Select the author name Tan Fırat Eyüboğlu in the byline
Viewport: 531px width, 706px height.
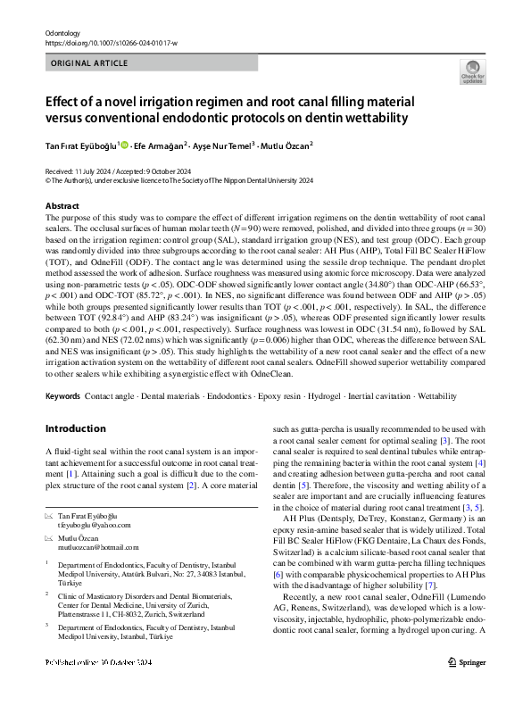click(82, 146)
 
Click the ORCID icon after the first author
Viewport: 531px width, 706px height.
click(125, 145)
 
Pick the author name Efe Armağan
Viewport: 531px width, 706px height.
click(160, 146)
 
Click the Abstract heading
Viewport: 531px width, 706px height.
click(62, 206)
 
